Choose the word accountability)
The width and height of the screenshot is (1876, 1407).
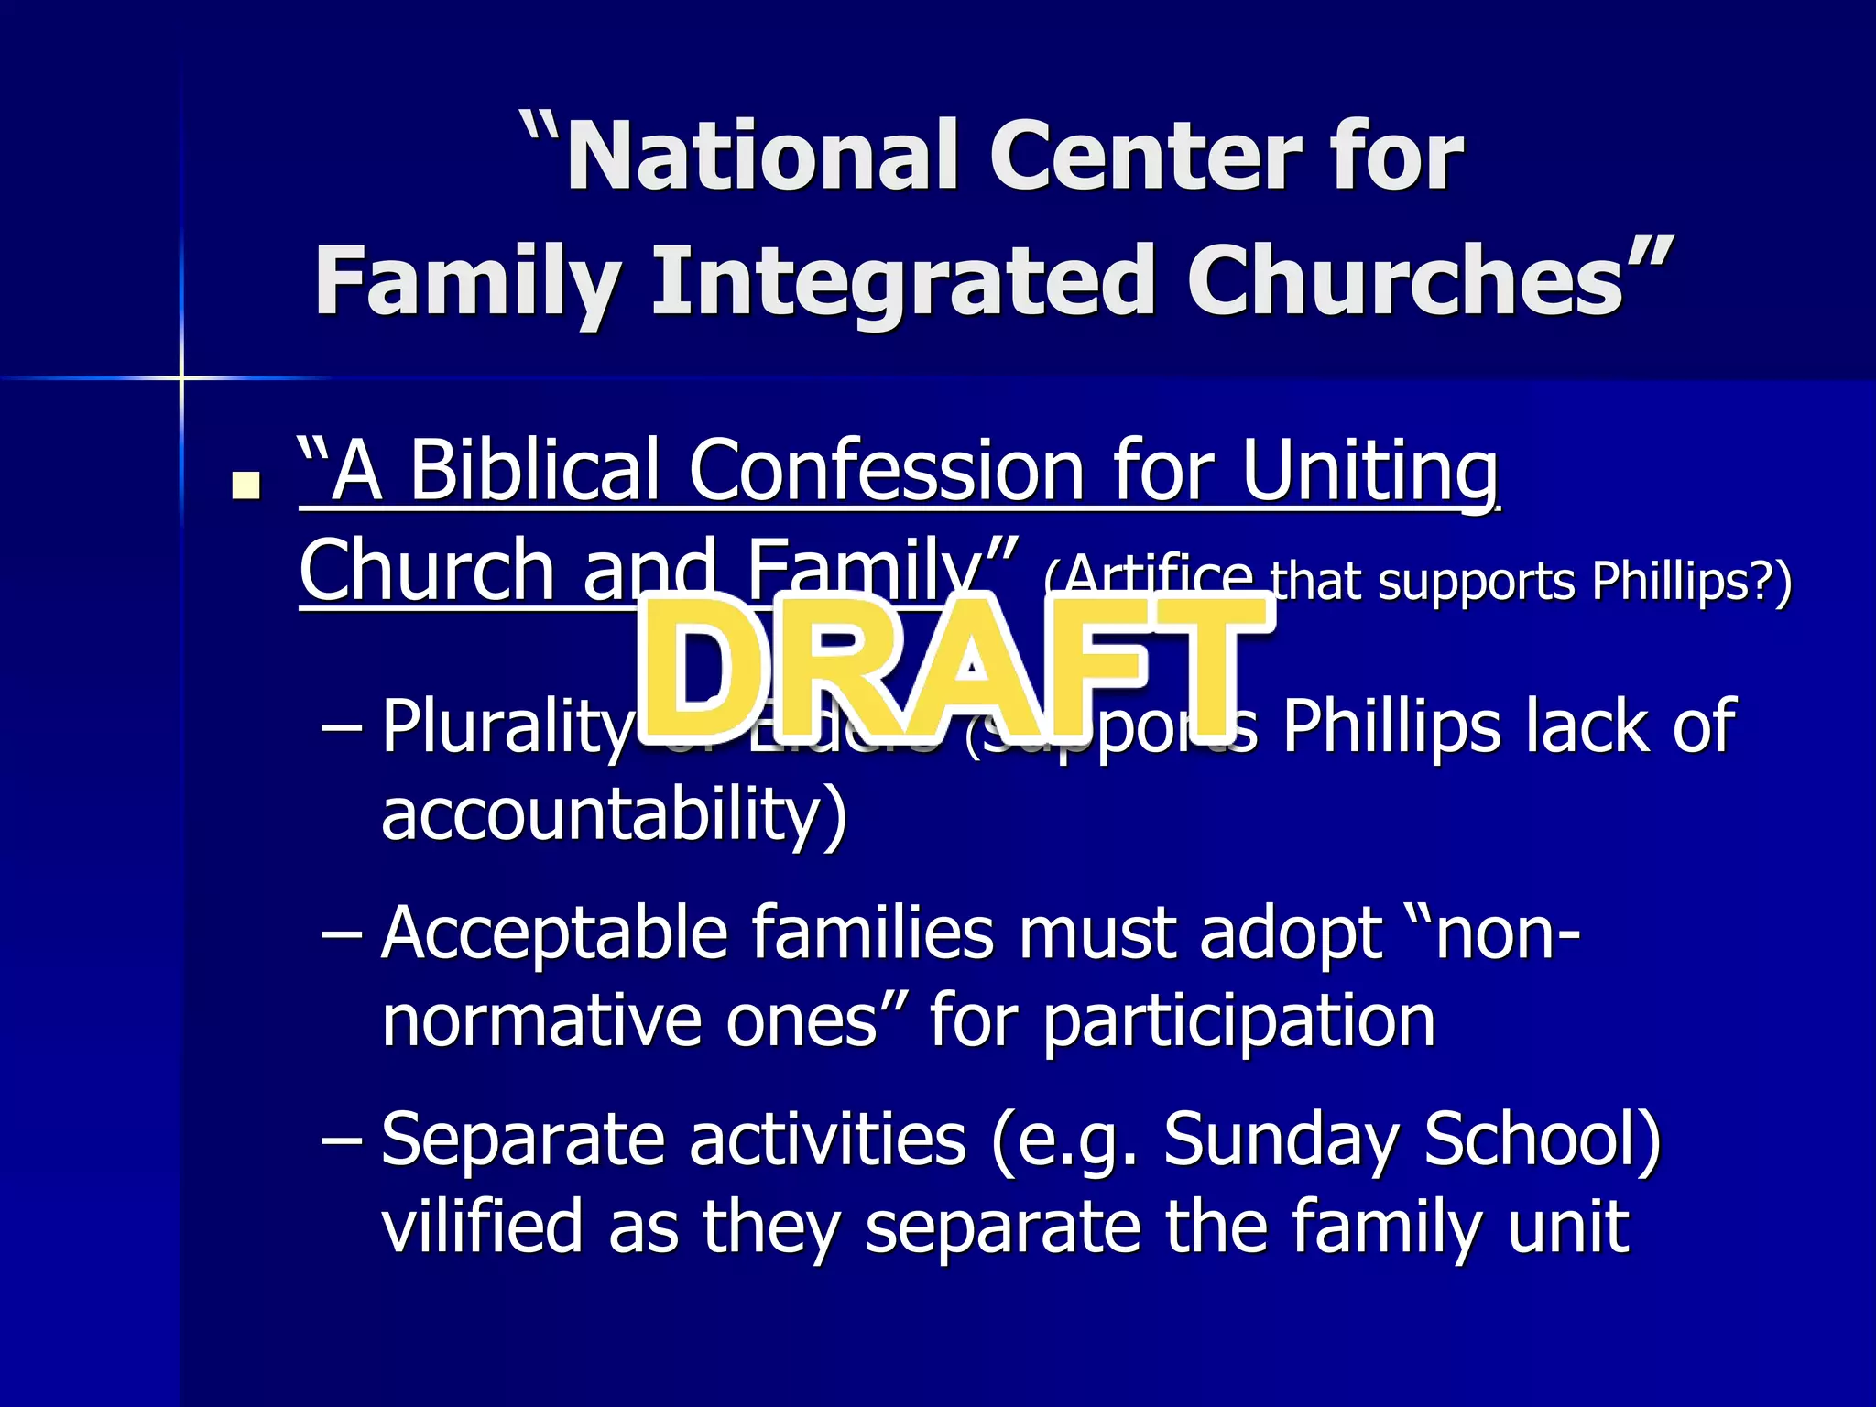click(x=614, y=813)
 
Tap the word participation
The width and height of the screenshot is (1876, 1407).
click(x=1238, y=1022)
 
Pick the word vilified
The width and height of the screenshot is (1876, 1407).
click(x=482, y=1227)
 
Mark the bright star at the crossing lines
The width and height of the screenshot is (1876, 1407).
click(x=181, y=377)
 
